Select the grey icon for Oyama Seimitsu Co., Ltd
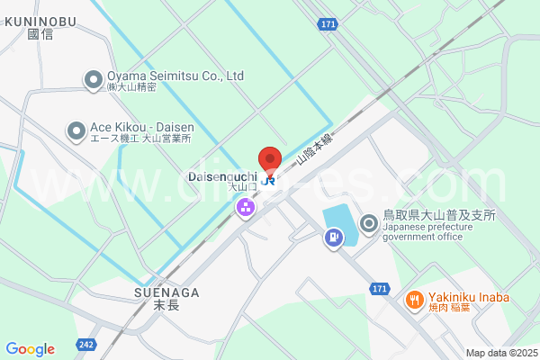94,80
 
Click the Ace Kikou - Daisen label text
139,127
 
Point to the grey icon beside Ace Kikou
76,131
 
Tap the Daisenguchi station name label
223,176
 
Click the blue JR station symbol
268,179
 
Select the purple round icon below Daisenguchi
245,208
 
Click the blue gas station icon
334,238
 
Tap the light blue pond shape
340,224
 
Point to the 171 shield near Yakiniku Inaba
380,288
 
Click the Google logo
30,349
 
